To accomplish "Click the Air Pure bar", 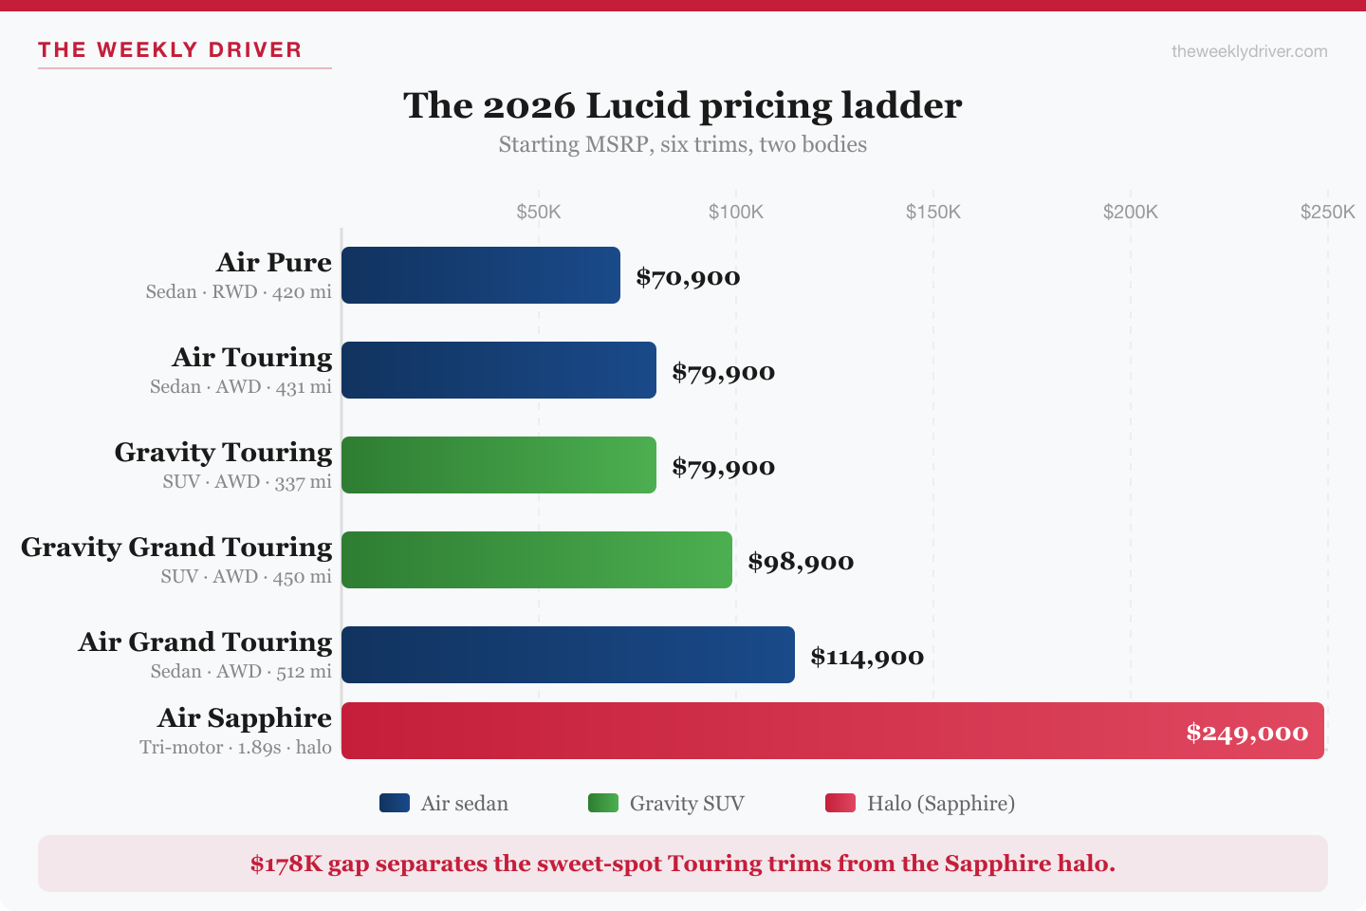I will [480, 275].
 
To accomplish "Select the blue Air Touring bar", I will [498, 370].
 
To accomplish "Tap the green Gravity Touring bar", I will [498, 465].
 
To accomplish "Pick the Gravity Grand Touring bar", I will [536, 560].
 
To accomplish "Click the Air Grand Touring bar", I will [567, 655].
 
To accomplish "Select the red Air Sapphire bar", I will [759, 731].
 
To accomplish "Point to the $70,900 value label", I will [688, 277].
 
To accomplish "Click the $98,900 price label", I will [801, 562].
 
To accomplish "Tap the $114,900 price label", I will [867, 657].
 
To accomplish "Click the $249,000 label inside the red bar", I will [1246, 733].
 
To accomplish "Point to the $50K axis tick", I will [539, 212].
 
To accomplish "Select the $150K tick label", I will [933, 212].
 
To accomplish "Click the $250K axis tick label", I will [1327, 212].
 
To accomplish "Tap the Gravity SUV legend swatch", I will [603, 803].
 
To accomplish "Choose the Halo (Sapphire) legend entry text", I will [940, 803].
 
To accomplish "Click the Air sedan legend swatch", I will [395, 803].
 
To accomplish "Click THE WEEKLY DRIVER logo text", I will [170, 50].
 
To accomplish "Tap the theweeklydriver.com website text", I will [1249, 51].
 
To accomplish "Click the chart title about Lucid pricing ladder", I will [682, 105].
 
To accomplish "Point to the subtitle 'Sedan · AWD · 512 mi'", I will [241, 672].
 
